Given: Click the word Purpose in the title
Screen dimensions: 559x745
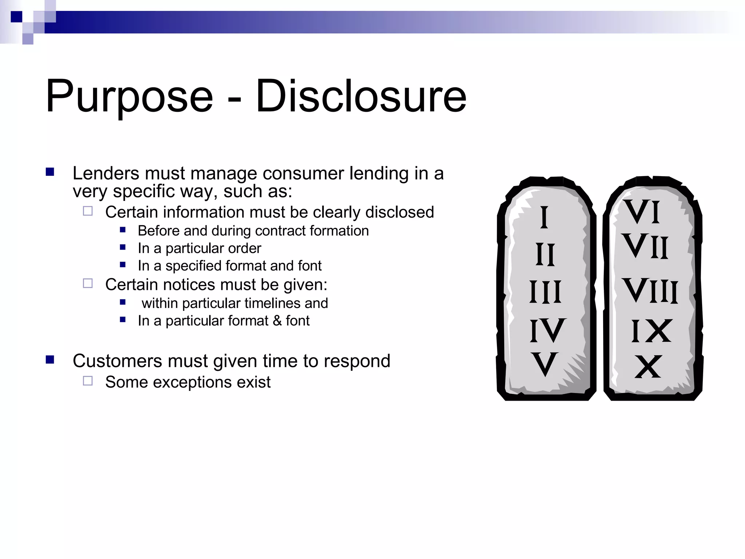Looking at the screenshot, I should pos(129,96).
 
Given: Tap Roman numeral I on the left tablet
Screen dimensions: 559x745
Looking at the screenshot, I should pos(544,217).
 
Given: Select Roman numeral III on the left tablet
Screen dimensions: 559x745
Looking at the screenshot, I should pos(545,292).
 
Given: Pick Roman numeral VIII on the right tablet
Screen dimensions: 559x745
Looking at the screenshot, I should pos(650,290).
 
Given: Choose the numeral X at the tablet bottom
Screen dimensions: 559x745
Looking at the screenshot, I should pos(648,367).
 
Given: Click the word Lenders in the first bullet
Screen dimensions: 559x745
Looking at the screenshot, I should pos(106,173).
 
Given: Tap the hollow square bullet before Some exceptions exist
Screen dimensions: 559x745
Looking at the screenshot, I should pos(88,381).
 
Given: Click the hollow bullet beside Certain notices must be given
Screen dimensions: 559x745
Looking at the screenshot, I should pos(88,283).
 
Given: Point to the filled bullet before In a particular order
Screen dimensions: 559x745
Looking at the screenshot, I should pos(123,247).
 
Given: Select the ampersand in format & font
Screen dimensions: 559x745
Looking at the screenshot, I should pos(277,321).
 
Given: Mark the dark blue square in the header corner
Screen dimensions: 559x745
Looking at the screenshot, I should pos(16,17).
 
